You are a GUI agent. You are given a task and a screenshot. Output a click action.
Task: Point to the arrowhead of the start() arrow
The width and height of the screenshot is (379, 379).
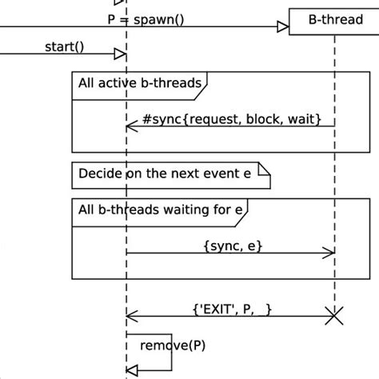[120, 54]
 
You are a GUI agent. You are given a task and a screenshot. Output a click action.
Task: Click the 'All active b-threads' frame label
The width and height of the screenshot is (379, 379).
[138, 82]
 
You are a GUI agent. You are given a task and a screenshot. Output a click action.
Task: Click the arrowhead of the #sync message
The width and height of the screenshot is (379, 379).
[130, 126]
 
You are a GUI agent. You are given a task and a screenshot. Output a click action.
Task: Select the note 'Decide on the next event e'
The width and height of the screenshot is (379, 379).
[171, 173]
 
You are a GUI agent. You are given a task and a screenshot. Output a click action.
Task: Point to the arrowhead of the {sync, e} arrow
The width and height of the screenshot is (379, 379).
[329, 253]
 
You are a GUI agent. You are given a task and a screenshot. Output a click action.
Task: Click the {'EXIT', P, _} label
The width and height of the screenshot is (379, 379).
[233, 307]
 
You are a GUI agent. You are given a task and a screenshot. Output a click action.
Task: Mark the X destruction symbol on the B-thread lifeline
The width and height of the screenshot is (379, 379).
[334, 317]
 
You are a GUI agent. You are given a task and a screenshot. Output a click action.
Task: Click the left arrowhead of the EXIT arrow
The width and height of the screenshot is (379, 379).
[131, 317]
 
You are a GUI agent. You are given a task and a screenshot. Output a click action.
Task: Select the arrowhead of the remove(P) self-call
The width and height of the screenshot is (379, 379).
[134, 369]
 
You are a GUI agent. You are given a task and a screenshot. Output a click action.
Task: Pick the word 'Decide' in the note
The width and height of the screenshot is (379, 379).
[98, 173]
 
